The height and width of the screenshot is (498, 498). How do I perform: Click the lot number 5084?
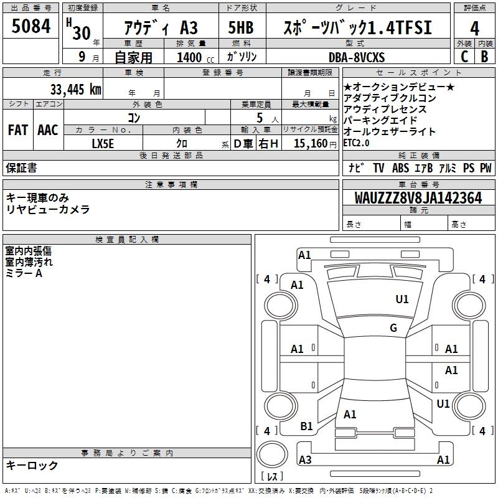pyautogui.click(x=31, y=27)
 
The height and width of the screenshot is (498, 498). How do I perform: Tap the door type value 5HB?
pyautogui.click(x=241, y=29)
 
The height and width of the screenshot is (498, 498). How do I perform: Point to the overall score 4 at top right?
pyautogui.click(x=474, y=29)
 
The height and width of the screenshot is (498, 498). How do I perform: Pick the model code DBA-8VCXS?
pyautogui.click(x=357, y=57)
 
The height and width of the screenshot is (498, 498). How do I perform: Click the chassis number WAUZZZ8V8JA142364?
pyautogui.click(x=418, y=198)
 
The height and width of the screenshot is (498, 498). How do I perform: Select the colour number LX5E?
pyautogui.click(x=103, y=144)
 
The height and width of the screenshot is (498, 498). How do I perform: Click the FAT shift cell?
pyautogui.click(x=18, y=130)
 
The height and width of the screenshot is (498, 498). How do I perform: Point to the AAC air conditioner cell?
pyautogui.click(x=48, y=130)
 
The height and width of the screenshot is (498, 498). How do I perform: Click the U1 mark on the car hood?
pyautogui.click(x=402, y=299)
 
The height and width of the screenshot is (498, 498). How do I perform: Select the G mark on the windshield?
pyautogui.click(x=393, y=328)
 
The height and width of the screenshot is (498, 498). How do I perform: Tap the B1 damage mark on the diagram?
pyautogui.click(x=306, y=426)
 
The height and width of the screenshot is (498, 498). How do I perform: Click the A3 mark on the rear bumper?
pyautogui.click(x=305, y=460)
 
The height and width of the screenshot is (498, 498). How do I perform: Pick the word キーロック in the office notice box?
pyautogui.click(x=32, y=466)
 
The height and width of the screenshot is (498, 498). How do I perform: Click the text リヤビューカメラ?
pyautogui.click(x=48, y=210)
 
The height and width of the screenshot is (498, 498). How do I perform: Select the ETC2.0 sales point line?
pyautogui.click(x=356, y=143)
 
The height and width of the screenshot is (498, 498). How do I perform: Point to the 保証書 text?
pyautogui.click(x=21, y=167)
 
